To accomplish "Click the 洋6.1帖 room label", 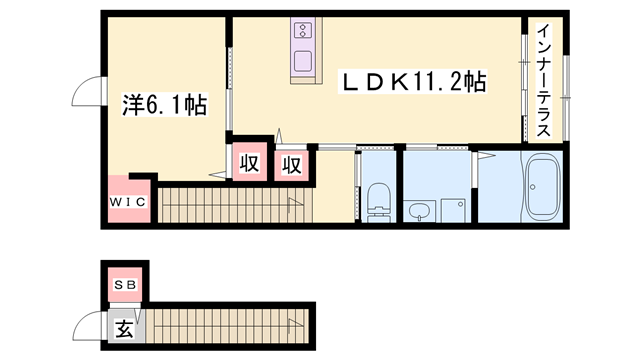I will click(x=164, y=104).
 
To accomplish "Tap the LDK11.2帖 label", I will click(x=415, y=82).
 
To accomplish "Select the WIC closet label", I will click(x=128, y=202).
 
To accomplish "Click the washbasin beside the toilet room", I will click(x=418, y=210).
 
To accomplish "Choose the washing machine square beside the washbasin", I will click(x=453, y=211).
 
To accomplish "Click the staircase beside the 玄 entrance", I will click(x=230, y=325).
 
